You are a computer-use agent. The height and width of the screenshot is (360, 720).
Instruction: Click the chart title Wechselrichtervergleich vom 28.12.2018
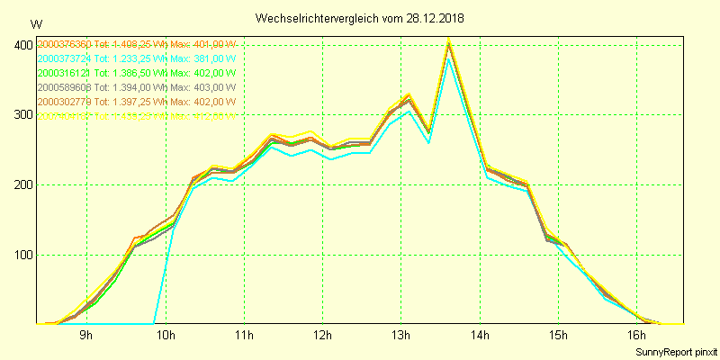tap(359, 18)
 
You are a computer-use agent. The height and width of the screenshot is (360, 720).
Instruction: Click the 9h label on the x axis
tap(86, 336)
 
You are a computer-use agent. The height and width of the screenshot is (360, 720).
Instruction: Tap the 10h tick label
tap(165, 336)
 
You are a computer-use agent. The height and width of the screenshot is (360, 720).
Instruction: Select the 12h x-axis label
tap(323, 336)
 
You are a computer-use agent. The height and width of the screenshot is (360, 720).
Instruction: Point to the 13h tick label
tap(401, 336)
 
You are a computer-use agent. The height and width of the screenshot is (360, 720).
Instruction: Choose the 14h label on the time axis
tap(480, 336)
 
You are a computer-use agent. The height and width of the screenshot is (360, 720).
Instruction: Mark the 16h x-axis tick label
tap(637, 336)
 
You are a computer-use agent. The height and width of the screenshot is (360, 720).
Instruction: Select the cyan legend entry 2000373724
tap(136, 58)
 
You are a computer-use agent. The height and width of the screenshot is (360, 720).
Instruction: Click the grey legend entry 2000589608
tap(136, 87)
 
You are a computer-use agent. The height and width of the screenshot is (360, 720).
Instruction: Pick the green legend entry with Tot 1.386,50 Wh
tap(136, 73)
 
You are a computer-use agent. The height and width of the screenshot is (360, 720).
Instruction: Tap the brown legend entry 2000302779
tap(136, 102)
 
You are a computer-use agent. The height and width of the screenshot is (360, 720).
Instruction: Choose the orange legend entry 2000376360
tap(136, 44)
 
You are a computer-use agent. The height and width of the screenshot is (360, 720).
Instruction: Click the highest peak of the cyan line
tap(448, 59)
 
